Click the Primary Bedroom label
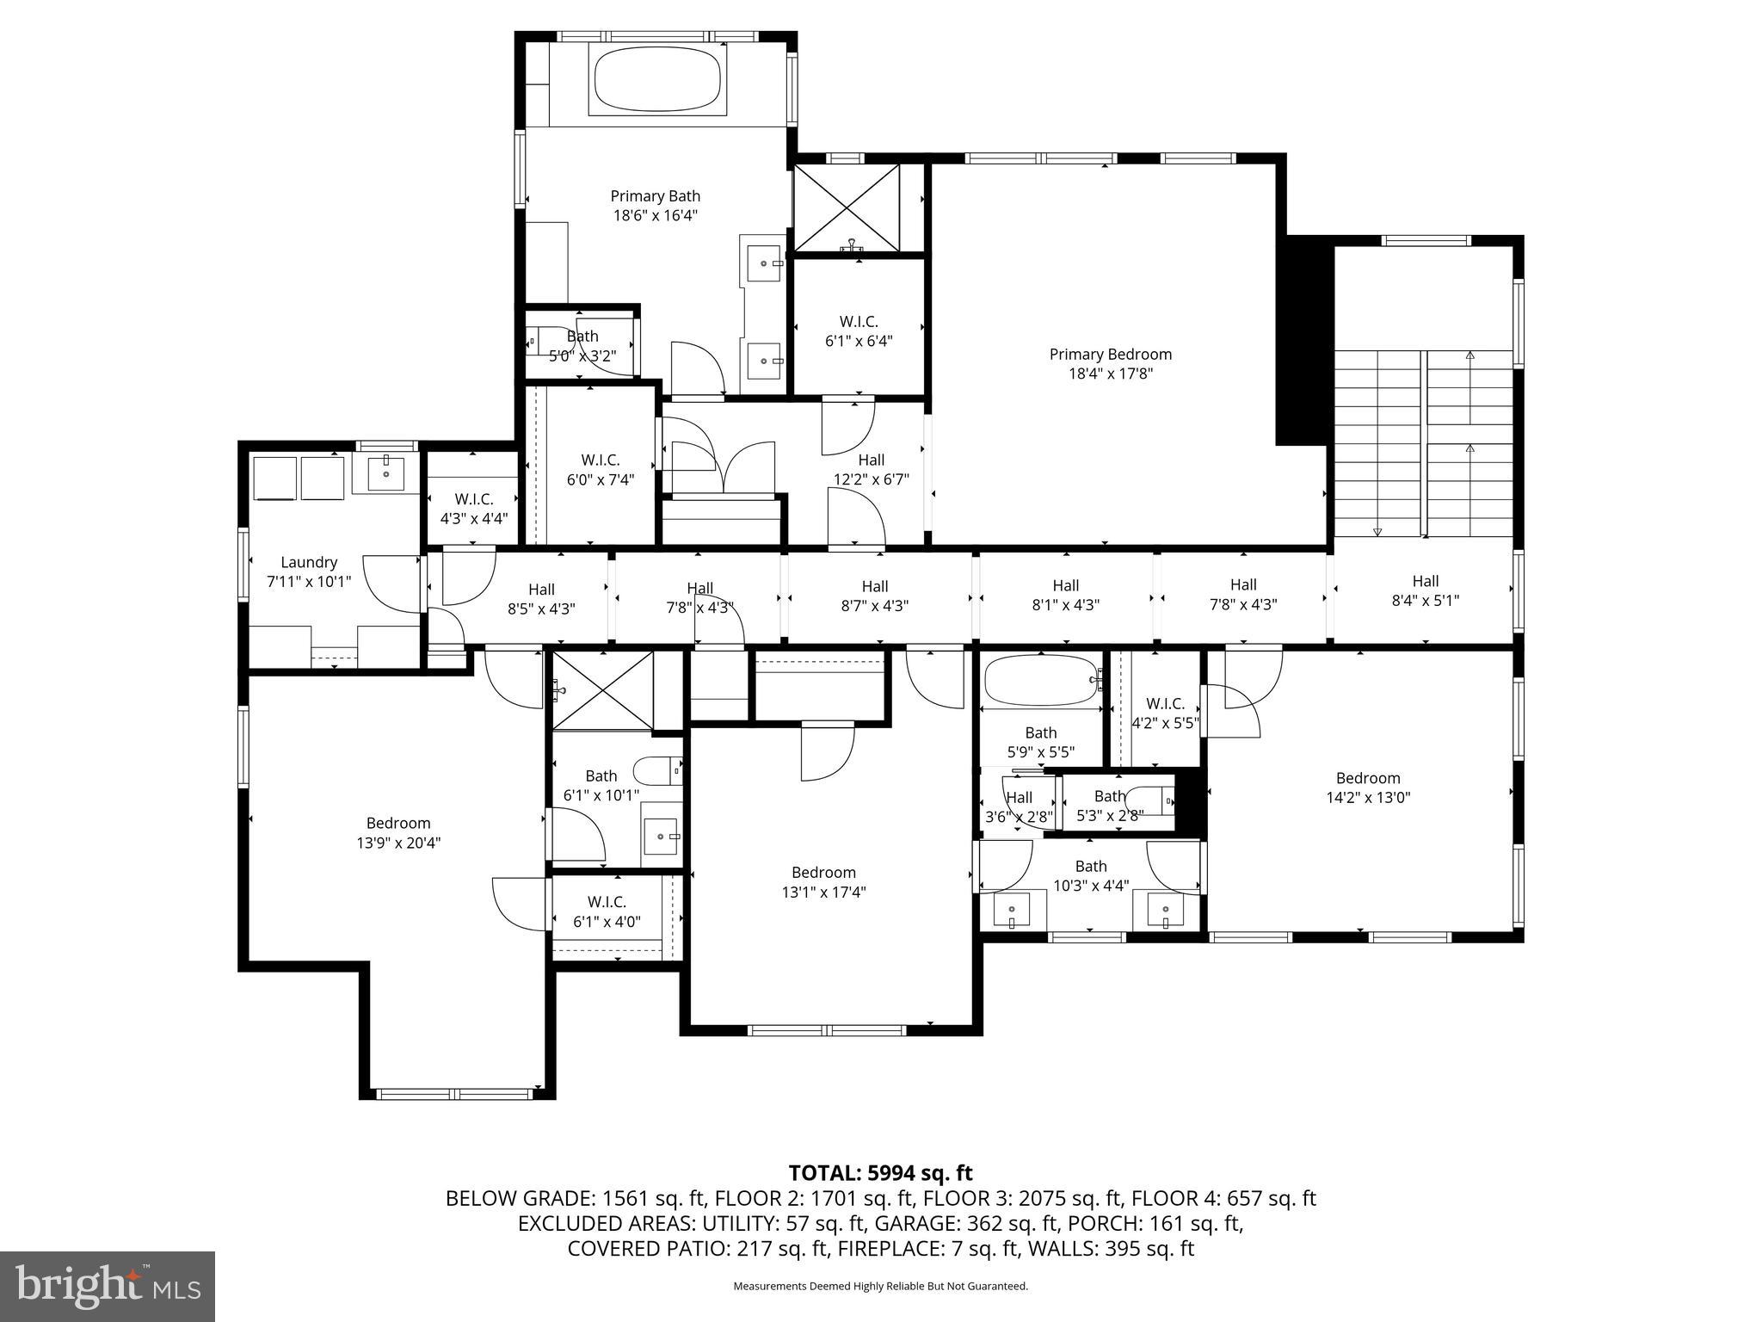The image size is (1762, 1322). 1110,354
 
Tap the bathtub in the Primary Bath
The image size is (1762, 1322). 656,81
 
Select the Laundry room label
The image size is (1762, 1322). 309,562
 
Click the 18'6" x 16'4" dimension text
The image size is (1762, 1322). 655,215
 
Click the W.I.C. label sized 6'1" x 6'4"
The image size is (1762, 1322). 858,322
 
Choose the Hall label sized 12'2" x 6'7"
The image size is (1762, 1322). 871,460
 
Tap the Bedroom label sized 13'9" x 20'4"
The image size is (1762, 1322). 397,823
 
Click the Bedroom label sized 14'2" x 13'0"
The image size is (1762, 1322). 1367,778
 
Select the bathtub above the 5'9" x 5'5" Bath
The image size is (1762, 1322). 1042,681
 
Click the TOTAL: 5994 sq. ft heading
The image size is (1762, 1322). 880,1172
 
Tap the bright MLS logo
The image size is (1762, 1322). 108,1286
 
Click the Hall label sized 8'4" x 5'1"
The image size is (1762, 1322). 1425,581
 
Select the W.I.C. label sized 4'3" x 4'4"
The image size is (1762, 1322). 473,499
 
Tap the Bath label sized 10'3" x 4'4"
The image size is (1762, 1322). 1090,866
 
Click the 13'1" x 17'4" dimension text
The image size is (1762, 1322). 822,892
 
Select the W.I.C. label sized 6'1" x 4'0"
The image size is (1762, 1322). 607,902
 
